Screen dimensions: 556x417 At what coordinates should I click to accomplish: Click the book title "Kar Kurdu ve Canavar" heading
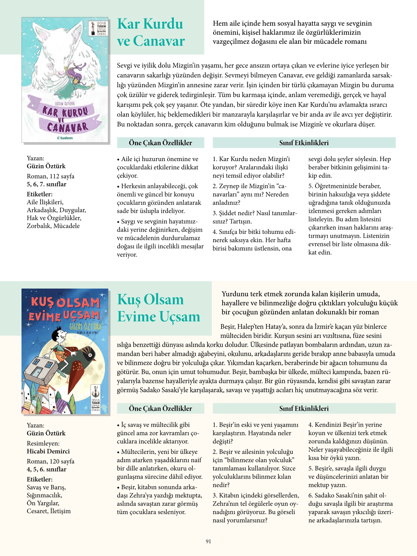point(151,32)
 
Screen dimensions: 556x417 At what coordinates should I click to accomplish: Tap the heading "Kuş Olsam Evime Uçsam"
point(158,308)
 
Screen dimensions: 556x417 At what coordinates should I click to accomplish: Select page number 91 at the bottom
point(208,541)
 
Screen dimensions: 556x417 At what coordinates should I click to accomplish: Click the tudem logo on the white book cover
point(65,138)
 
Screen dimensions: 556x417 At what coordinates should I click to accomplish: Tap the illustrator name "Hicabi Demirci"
point(48,451)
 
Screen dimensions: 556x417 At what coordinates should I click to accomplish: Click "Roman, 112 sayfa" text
point(51,176)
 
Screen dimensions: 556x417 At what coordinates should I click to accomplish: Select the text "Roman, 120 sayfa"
point(51,461)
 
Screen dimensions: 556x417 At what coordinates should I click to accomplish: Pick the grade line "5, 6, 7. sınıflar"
point(46,184)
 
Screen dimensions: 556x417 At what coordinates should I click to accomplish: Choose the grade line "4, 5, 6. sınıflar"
point(46,469)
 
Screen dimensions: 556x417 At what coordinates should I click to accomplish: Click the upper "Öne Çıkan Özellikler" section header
point(160,143)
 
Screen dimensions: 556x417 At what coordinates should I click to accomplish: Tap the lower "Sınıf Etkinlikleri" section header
point(304,408)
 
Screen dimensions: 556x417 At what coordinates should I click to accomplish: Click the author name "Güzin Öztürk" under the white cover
point(46,166)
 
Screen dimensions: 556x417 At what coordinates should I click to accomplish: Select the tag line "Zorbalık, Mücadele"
point(53,226)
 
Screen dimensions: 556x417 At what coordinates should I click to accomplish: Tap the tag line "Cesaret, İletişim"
point(49,511)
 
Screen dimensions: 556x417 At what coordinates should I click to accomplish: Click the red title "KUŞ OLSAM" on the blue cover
point(65,302)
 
